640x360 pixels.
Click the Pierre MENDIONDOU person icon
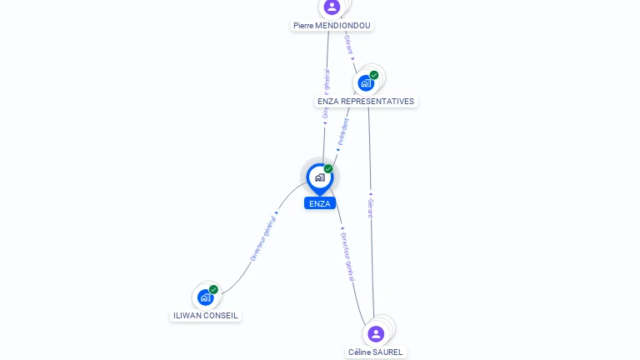tap(332, 7)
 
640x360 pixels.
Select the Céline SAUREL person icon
tap(376, 333)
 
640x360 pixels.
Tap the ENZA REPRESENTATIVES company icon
tap(366, 83)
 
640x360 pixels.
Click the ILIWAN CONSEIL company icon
tap(205, 297)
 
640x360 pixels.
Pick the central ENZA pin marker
tap(319, 177)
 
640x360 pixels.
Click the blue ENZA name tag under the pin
tap(319, 203)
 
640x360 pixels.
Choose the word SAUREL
tap(388, 352)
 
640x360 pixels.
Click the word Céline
tap(360, 352)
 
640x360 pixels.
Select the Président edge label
tap(342, 132)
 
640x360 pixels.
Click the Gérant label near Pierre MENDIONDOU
tap(348, 45)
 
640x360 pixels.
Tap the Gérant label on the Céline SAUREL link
tap(371, 208)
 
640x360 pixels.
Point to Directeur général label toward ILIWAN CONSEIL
tap(263, 239)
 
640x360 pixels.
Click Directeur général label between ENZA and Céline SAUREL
tap(347, 256)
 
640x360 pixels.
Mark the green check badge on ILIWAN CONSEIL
tap(213, 289)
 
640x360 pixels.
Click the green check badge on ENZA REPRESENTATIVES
tap(374, 75)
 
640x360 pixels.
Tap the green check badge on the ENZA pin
tap(328, 168)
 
